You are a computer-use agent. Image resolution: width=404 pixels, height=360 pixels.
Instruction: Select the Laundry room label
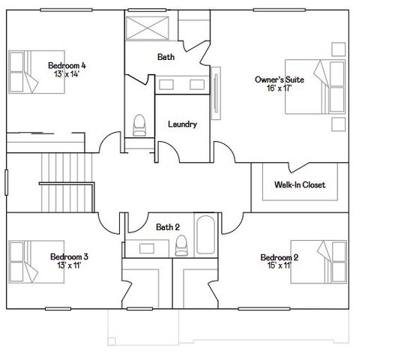(182, 124)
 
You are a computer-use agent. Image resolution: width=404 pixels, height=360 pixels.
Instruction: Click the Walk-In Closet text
(299, 184)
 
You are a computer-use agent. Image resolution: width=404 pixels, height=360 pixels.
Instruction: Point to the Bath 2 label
(168, 226)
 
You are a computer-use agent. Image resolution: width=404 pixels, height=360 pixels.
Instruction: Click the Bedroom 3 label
(69, 256)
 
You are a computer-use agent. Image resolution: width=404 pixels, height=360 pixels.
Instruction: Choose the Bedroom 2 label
(279, 257)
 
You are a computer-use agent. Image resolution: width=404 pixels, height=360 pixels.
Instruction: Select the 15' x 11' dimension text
(279, 265)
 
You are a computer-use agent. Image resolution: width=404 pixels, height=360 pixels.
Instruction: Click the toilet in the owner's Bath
(139, 125)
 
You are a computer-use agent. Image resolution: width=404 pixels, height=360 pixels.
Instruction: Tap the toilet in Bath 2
(181, 245)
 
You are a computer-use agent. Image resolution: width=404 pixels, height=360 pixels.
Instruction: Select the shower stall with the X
(148, 29)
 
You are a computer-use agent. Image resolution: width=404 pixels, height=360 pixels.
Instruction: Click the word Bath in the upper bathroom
(166, 57)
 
